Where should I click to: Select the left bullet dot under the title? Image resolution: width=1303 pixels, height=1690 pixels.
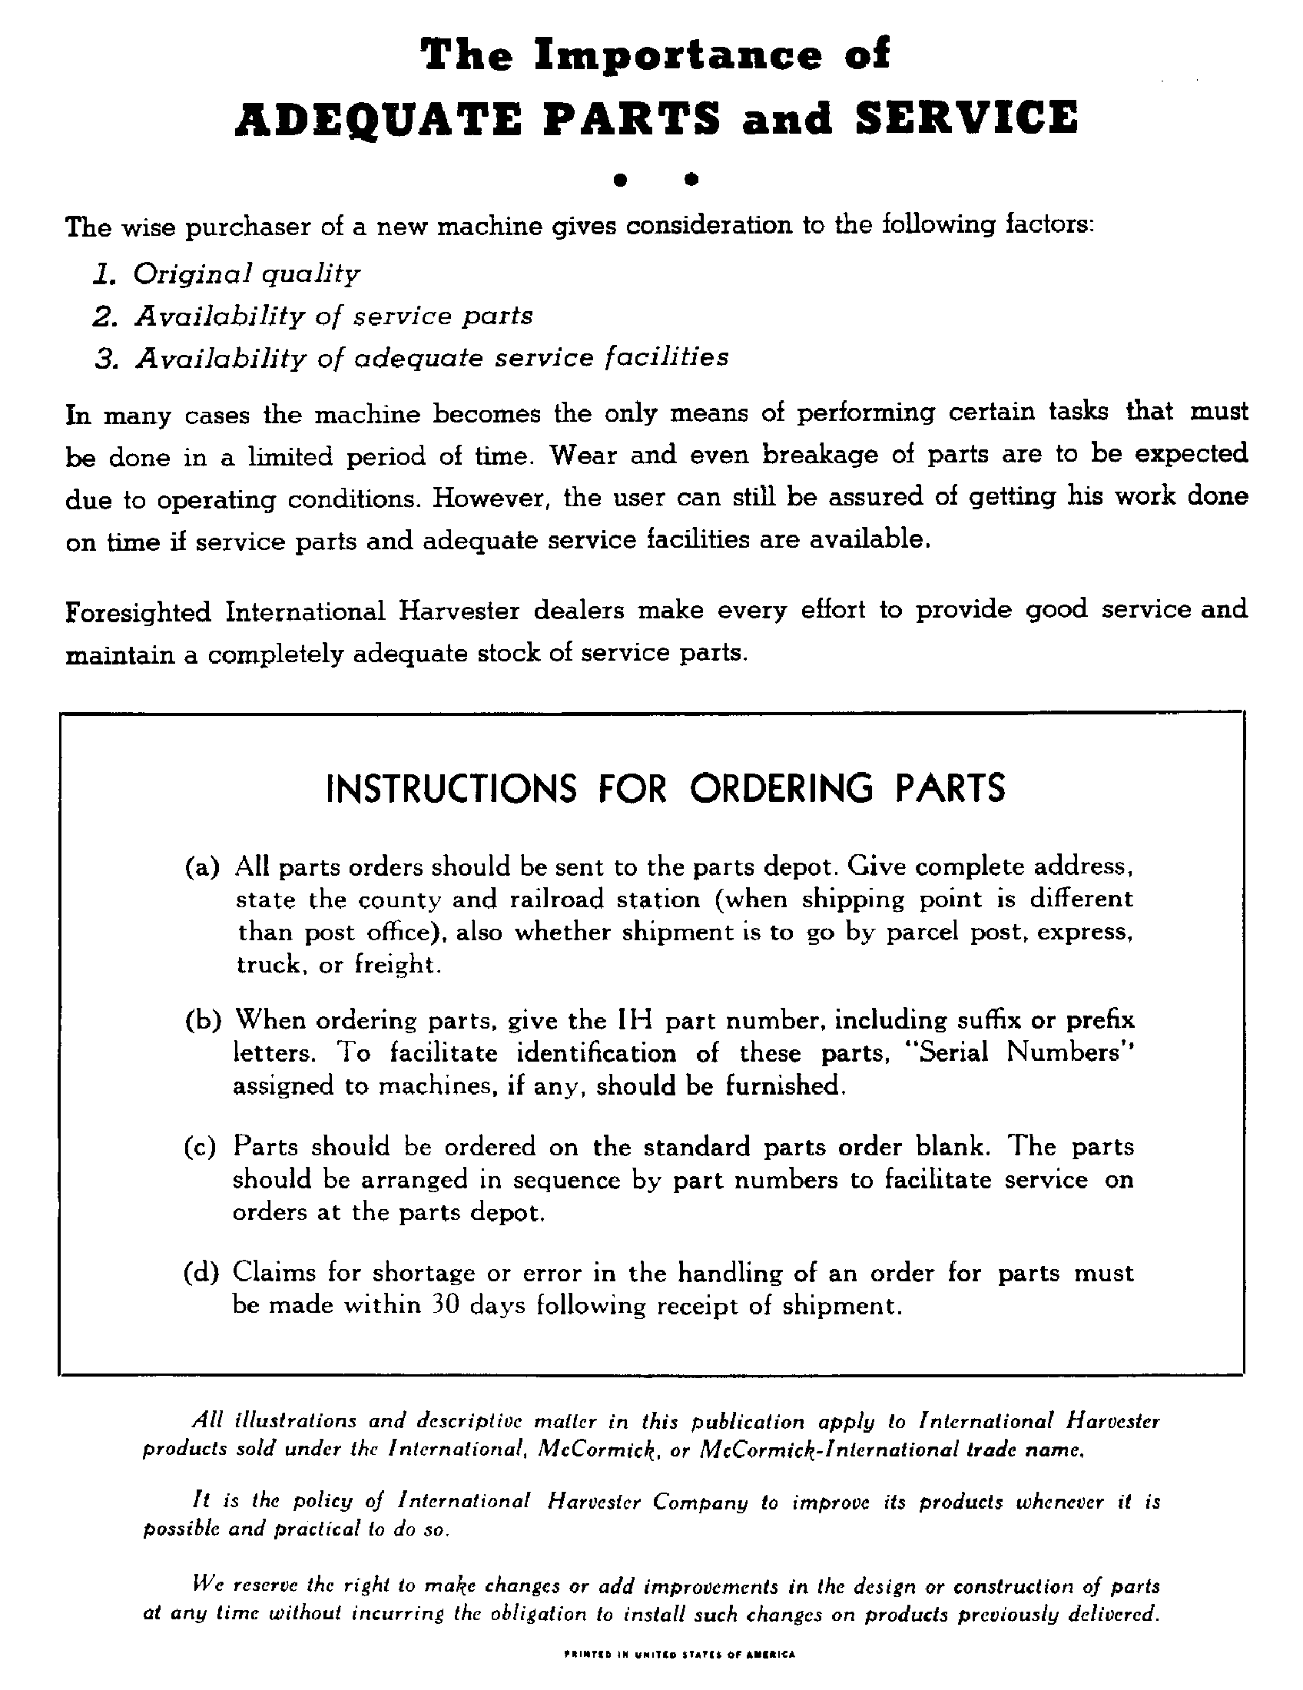click(618, 180)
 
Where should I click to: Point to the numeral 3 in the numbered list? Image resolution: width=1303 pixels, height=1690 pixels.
click(105, 358)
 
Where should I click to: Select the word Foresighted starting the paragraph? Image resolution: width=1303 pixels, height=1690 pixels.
click(138, 612)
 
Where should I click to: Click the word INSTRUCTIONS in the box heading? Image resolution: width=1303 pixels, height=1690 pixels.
click(452, 788)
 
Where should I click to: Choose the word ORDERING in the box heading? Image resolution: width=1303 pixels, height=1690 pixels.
click(781, 788)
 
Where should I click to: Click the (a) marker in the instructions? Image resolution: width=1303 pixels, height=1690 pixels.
click(202, 866)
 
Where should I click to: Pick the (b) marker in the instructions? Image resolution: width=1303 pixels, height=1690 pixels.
click(203, 1020)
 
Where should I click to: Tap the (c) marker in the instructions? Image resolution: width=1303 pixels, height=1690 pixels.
click(201, 1146)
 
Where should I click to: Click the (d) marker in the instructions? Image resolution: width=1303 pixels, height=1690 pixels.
click(202, 1272)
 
